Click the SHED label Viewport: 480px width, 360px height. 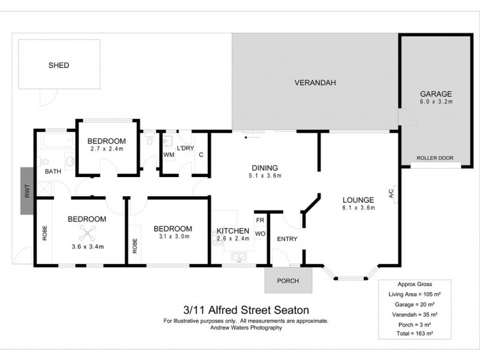click(58, 65)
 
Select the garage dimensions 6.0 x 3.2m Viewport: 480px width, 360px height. click(435, 103)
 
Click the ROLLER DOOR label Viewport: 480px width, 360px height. click(436, 159)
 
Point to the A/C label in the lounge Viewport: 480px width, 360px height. click(391, 194)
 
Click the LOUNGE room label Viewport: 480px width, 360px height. click(358, 200)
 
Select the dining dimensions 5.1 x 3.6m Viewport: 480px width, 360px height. click(264, 176)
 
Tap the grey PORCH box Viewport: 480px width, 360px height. click(289, 280)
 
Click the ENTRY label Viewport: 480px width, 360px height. click(287, 239)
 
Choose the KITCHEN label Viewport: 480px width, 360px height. click(233, 230)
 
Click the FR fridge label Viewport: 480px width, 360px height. click(260, 220)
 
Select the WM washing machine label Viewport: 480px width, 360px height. click(169, 155)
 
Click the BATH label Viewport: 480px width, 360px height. click(53, 172)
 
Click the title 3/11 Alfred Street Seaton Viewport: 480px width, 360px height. click(246, 310)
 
